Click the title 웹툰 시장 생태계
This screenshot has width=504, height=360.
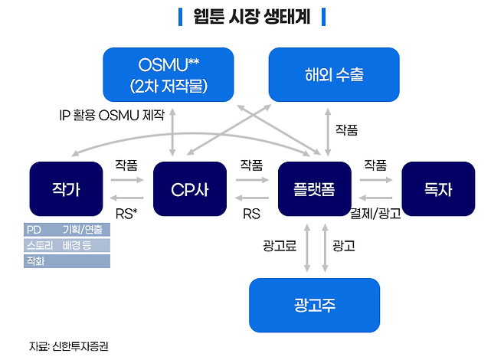pyautogui.click(x=251, y=17)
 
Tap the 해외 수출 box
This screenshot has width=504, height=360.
pyautogui.click(x=333, y=74)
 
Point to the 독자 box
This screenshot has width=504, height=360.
pyautogui.click(x=438, y=188)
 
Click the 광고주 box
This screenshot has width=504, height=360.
pyautogui.click(x=314, y=305)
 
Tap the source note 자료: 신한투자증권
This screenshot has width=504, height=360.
pyautogui.click(x=68, y=345)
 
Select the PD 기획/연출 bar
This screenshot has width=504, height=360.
pyautogui.click(x=67, y=230)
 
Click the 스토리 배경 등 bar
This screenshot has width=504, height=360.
pyautogui.click(x=67, y=245)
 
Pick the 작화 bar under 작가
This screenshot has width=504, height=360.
pyautogui.click(x=67, y=260)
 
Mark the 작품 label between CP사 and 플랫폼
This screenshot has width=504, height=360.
pyautogui.click(x=251, y=165)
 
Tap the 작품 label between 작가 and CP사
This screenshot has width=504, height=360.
pyautogui.click(x=126, y=165)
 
